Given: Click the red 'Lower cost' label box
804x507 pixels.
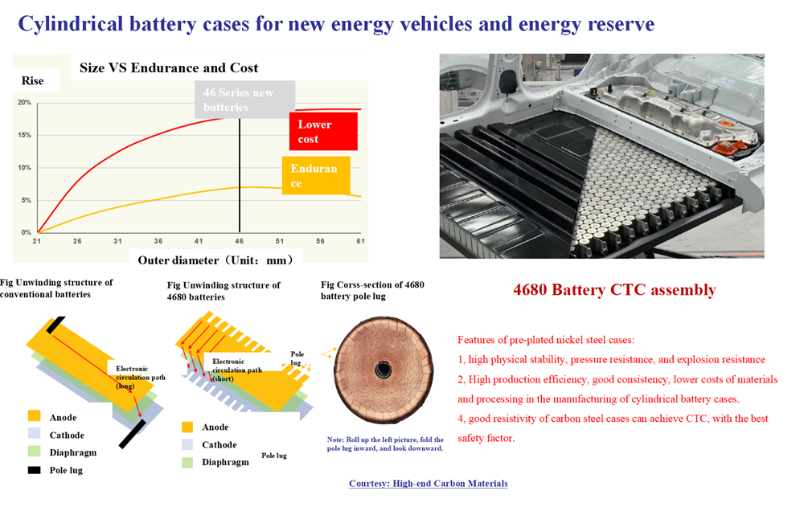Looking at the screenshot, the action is pyautogui.click(x=323, y=131).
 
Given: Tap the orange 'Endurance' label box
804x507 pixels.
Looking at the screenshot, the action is pyautogui.click(x=316, y=175).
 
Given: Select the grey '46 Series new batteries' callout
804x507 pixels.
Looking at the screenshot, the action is pyautogui.click(x=244, y=100).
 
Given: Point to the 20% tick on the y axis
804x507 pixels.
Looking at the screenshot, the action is pyautogui.click(x=25, y=103).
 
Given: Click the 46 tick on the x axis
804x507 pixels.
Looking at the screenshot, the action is pyautogui.click(x=240, y=241).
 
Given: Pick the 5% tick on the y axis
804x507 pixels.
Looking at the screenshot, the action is pyautogui.click(x=27, y=200).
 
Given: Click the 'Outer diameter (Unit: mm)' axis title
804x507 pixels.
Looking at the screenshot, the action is pyautogui.click(x=215, y=260).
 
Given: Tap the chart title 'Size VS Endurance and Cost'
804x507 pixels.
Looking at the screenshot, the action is pyautogui.click(x=169, y=67).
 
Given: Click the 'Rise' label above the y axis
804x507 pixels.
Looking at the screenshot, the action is pyautogui.click(x=32, y=80).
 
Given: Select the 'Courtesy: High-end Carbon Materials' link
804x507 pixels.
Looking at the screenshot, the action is pyautogui.click(x=429, y=484).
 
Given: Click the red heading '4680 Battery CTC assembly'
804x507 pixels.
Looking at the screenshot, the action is pyautogui.click(x=614, y=289).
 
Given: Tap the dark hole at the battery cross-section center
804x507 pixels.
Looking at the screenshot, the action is pyautogui.click(x=383, y=369).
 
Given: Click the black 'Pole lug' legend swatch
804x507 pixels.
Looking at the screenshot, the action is pyautogui.click(x=35, y=470).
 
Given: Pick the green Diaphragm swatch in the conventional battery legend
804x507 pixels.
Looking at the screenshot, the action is pyautogui.click(x=35, y=452).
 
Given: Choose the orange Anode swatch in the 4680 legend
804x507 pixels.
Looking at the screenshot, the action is pyautogui.click(x=187, y=427).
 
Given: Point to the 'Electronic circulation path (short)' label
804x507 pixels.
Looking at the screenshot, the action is pyautogui.click(x=237, y=370).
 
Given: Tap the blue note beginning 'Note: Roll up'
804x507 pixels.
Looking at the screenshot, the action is pyautogui.click(x=385, y=444).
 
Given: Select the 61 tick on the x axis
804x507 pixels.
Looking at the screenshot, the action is pyautogui.click(x=360, y=241).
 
